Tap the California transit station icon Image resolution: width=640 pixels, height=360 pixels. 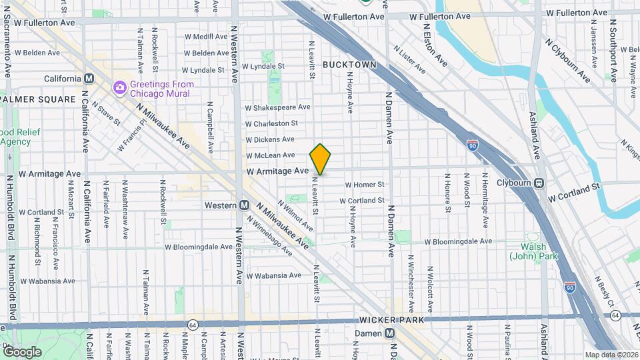point(89,79)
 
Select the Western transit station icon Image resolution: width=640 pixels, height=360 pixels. point(244,205)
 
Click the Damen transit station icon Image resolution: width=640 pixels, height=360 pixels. point(389,333)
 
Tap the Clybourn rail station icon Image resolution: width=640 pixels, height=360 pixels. point(539,183)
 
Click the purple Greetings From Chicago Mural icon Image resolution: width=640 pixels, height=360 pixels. point(120,87)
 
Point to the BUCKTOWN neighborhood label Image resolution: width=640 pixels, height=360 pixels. point(349,65)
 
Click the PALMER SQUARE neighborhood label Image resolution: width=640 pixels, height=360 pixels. point(39,99)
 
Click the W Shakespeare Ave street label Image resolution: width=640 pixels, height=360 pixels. point(277,107)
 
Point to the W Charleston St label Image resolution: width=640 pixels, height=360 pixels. point(271,123)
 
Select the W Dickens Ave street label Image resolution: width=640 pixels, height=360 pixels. point(269,139)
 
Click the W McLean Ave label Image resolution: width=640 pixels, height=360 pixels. point(270,155)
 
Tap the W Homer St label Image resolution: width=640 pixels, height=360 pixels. point(365,185)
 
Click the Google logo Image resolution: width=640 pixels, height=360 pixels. point(22,352)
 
